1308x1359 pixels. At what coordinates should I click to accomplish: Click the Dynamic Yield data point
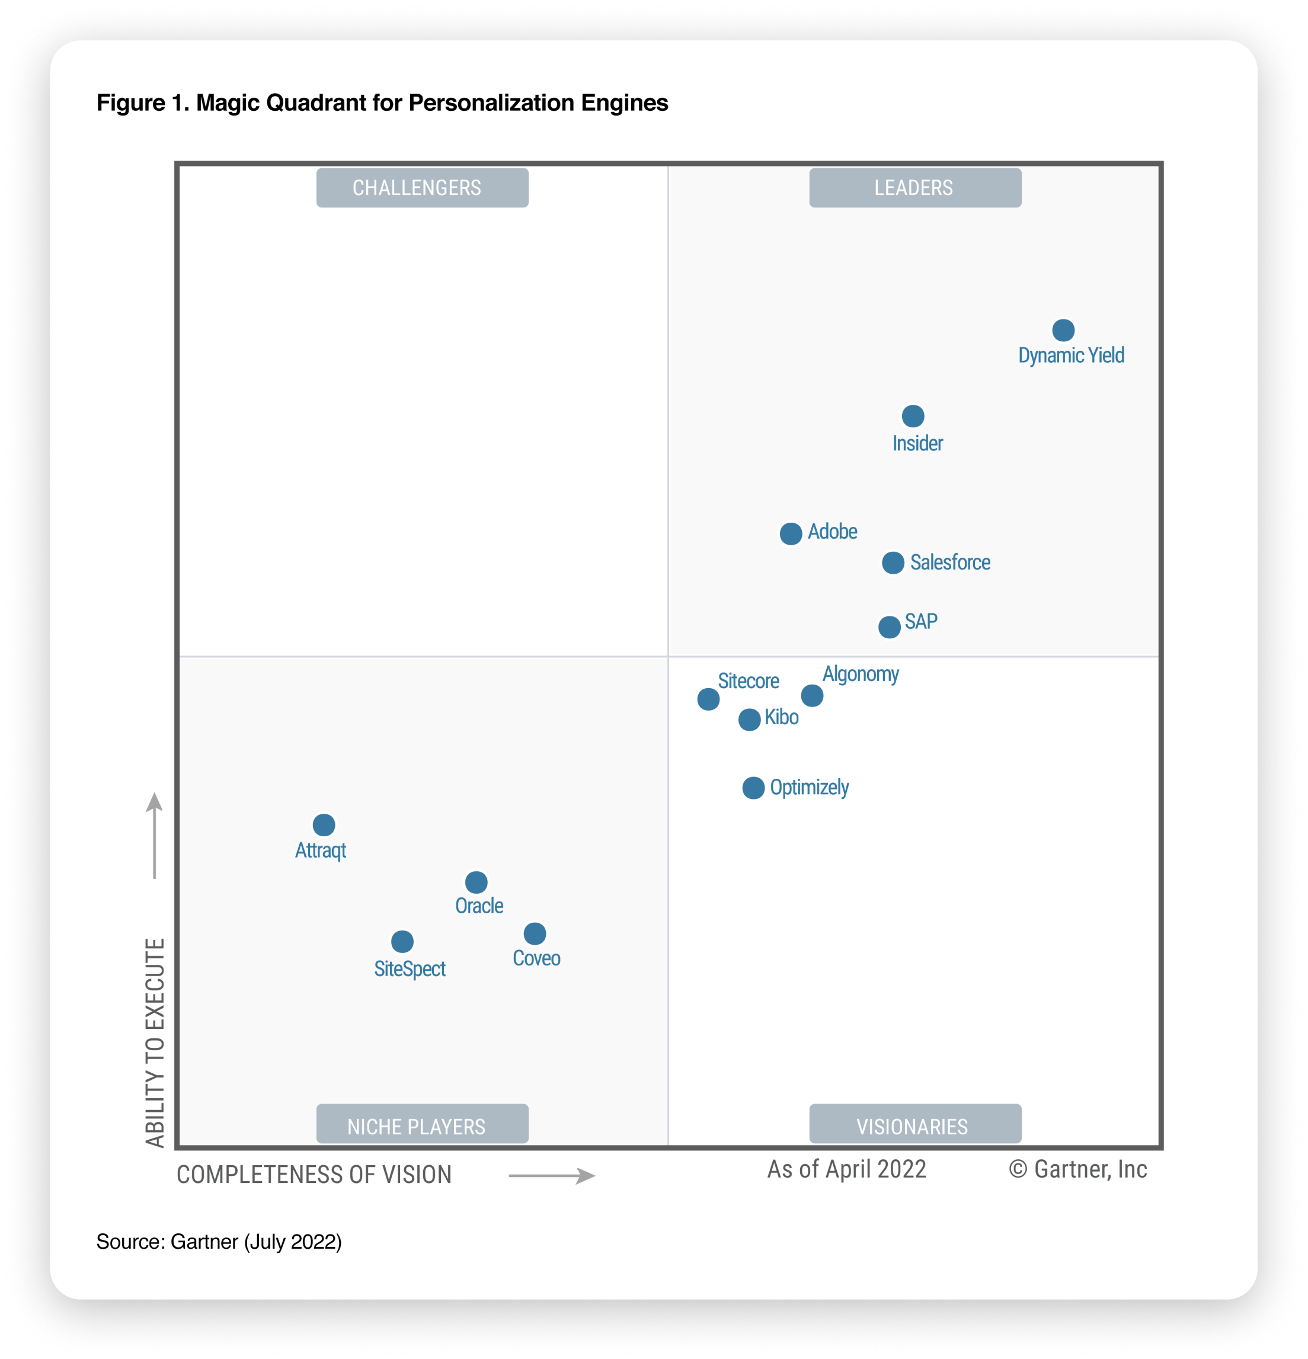point(1063,330)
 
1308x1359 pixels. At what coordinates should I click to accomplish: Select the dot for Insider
point(913,416)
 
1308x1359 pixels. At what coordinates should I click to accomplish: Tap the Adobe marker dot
point(791,533)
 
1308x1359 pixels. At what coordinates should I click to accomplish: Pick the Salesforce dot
point(893,562)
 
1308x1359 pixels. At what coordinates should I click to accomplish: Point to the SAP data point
point(889,627)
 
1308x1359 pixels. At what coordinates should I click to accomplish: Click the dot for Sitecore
point(708,699)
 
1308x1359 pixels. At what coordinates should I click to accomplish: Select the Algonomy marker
point(812,695)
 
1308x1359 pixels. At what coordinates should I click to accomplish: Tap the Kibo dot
point(749,720)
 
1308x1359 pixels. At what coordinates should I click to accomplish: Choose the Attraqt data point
point(324,825)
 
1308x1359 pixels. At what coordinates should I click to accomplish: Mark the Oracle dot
point(476,882)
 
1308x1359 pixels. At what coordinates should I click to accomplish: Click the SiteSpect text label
point(409,968)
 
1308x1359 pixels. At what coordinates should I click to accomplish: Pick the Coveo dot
point(535,933)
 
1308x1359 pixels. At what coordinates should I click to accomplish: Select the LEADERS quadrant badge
point(914,188)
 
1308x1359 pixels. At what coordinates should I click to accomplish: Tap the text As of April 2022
point(846,1169)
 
